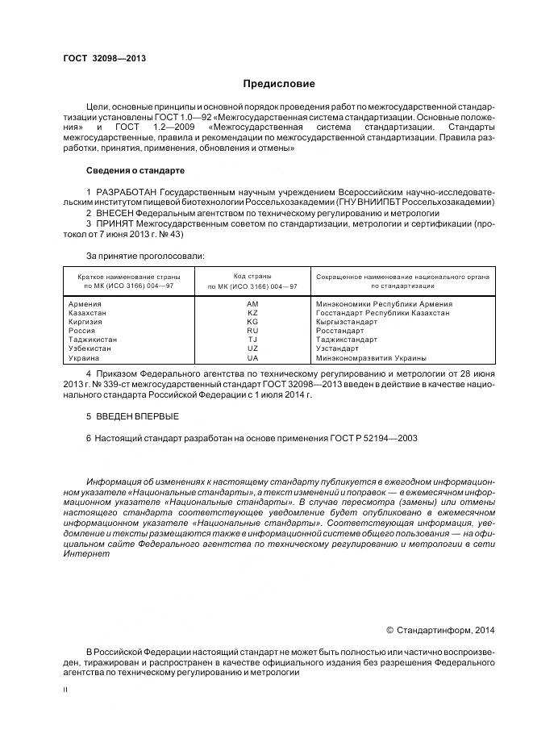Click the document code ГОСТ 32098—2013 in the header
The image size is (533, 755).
coord(104,59)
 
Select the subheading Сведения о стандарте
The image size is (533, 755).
coord(135,171)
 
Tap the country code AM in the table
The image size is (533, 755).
coord(252,304)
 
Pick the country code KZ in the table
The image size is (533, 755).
coord(252,313)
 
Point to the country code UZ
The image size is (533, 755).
coord(252,348)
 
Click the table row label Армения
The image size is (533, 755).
coord(86,304)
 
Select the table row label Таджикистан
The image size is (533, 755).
coord(94,340)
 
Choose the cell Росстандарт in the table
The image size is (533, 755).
coord(341,331)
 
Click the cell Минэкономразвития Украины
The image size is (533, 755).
coord(371,357)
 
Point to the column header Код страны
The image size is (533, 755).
coord(252,276)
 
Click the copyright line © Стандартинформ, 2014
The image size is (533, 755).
coord(441,630)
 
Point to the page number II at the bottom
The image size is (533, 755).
coord(66,690)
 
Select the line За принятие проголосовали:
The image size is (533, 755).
coord(145,256)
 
